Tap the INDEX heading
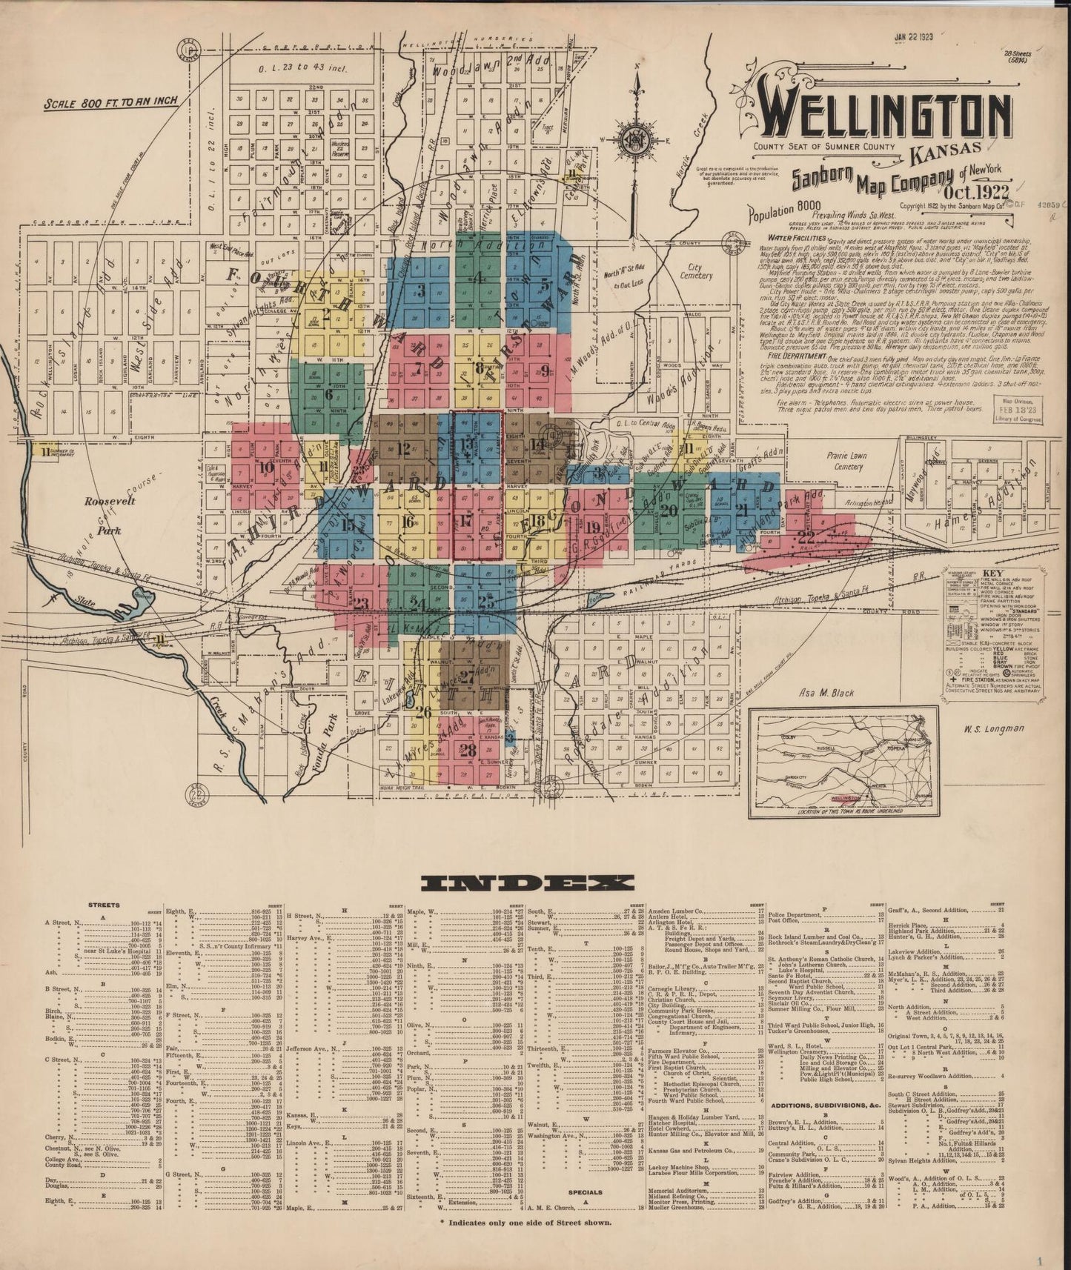pos(526,882)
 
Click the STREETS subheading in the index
pos(105,906)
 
